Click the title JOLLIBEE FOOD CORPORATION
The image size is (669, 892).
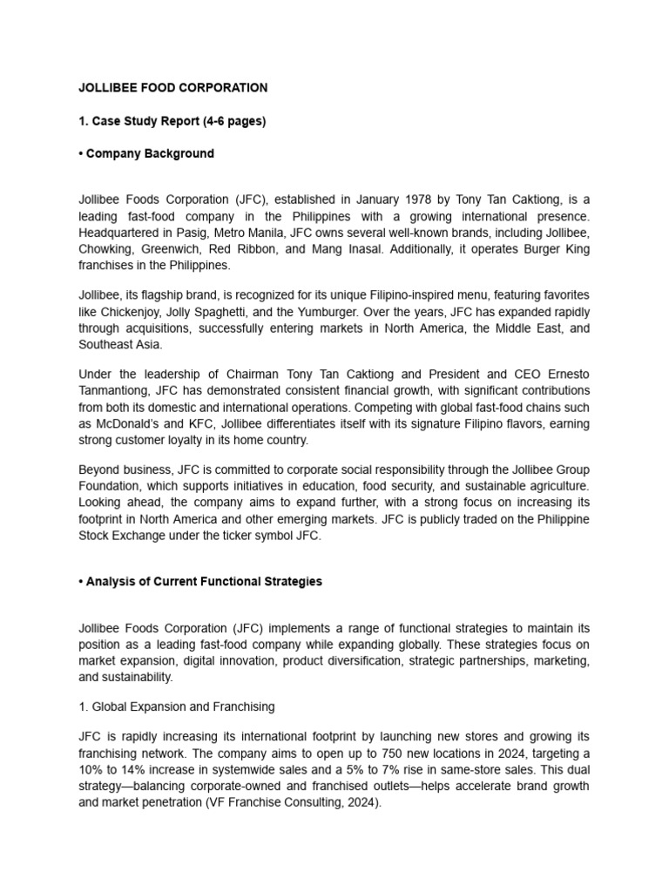[172, 88]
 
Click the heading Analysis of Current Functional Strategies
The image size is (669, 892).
[204, 581]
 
